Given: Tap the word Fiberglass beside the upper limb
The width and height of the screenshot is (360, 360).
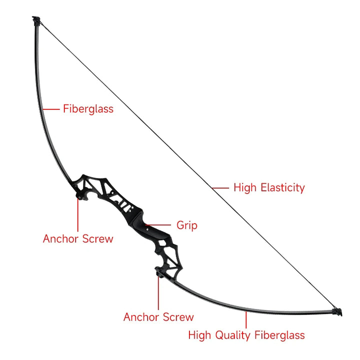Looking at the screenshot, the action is (88, 109).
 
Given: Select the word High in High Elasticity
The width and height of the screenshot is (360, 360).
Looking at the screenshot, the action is (245, 187).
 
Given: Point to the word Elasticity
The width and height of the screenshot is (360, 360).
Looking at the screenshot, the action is (283, 187).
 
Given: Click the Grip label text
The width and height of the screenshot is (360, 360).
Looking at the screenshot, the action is (187, 225).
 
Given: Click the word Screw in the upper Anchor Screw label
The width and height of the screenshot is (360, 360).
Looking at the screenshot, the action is (98, 239).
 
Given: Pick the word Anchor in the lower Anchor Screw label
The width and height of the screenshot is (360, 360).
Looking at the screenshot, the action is (140, 317).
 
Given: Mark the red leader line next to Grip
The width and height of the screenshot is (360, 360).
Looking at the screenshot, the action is (158, 225).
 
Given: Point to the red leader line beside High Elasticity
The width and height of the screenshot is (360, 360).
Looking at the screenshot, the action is (220, 188).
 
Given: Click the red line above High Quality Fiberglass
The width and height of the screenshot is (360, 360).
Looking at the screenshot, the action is (246, 320).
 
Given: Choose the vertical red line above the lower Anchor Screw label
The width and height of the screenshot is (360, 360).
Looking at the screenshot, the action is (158, 293).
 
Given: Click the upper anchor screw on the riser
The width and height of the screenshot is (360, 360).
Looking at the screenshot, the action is (79, 196).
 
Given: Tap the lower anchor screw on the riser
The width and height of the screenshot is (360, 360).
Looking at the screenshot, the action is (159, 273).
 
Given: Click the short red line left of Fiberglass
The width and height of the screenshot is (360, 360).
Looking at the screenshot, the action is (51, 109).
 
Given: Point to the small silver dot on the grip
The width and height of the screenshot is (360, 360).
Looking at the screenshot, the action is (147, 228).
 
